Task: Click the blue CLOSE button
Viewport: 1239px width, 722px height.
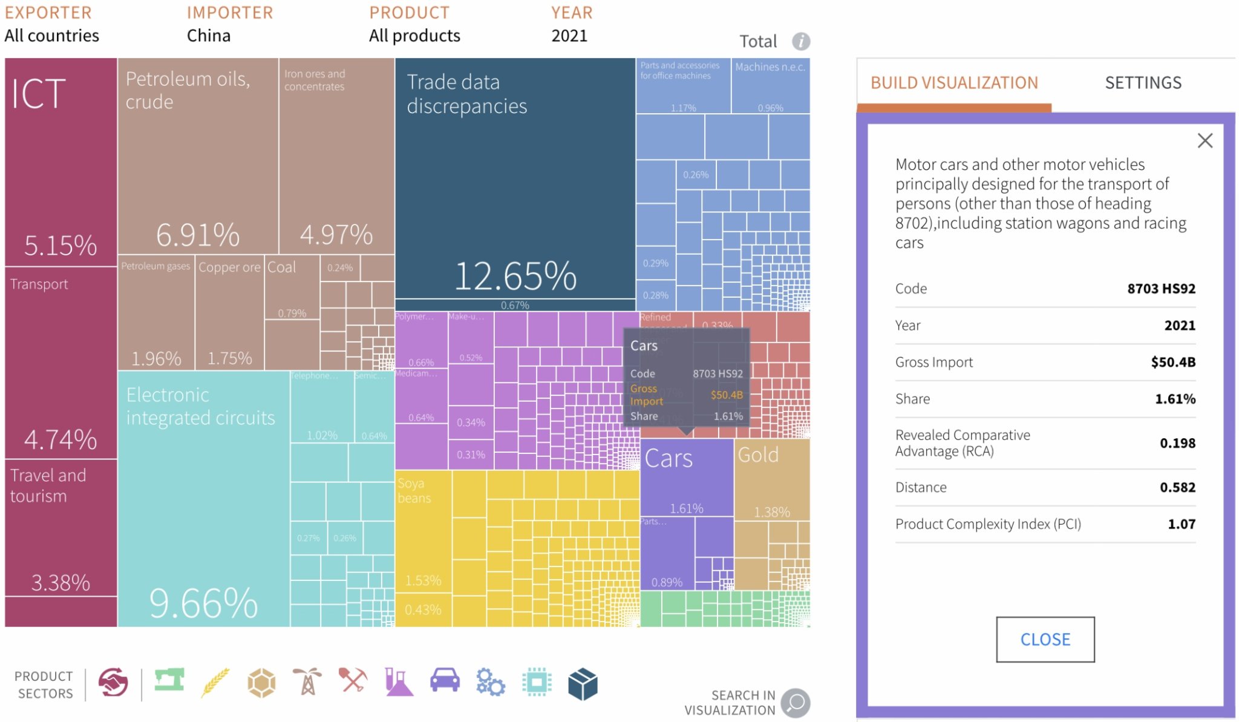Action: click(x=1045, y=639)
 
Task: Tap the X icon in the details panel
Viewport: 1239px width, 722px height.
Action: click(x=1205, y=141)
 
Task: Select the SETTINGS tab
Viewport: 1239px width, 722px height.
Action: click(x=1143, y=83)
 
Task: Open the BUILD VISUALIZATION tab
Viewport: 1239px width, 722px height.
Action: click(x=954, y=83)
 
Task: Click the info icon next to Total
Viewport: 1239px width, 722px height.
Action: click(x=801, y=41)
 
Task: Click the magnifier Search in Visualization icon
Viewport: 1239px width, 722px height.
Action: click(x=795, y=703)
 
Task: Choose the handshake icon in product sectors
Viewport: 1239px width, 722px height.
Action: click(x=113, y=683)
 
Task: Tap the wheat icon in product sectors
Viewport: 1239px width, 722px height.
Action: click(x=216, y=683)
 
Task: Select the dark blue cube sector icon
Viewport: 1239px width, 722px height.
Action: click(x=583, y=684)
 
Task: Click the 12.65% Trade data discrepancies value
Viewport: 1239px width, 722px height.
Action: click(x=515, y=277)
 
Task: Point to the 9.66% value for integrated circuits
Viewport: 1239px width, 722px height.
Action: click(x=203, y=603)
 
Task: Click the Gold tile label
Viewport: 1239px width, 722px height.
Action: click(x=758, y=455)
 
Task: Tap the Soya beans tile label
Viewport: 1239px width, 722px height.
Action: click(x=414, y=491)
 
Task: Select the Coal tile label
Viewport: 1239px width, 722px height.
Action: click(x=281, y=267)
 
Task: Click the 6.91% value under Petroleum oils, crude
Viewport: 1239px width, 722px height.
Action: click(x=198, y=235)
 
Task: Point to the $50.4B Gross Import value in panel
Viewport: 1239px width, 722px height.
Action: click(x=1172, y=363)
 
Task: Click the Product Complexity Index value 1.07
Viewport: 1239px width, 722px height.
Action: click(x=1181, y=524)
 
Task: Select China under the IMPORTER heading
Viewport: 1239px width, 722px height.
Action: click(x=209, y=36)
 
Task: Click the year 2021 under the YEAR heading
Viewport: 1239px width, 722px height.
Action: click(x=569, y=36)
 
